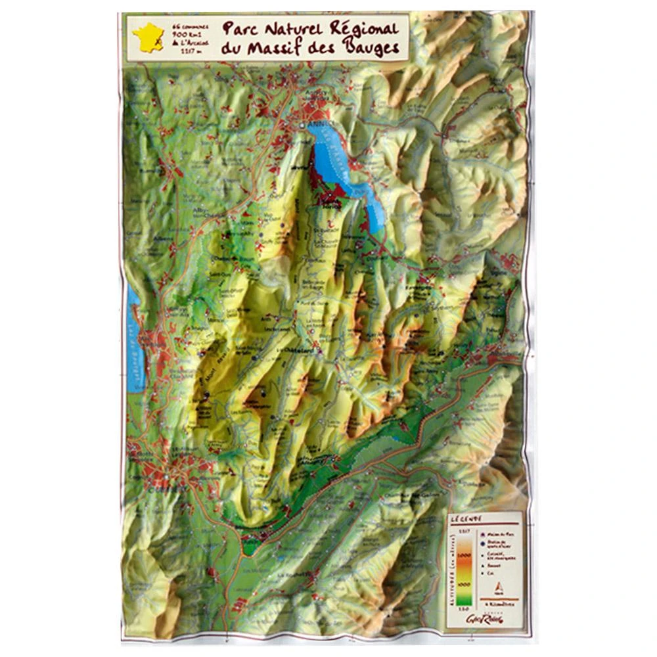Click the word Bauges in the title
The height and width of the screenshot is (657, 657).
372,47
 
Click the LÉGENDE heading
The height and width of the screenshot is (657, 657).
466,518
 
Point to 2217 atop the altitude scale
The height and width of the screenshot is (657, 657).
463,530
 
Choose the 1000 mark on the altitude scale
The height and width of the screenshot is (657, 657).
464,583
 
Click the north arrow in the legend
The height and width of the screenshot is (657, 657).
499,587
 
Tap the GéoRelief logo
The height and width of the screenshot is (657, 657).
497,620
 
